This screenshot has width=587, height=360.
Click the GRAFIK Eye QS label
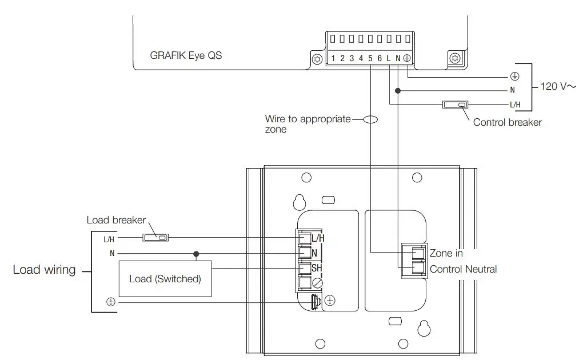pos(186,56)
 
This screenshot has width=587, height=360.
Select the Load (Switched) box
pos(165,279)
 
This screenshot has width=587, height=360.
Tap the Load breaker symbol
pos(155,237)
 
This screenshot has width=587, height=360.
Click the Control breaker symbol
pos(456,105)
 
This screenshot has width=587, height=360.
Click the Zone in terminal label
pos(446,253)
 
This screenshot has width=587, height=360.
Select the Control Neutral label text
pos(463,269)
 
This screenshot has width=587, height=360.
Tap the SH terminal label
pos(316,268)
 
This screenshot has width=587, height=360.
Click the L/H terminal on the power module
pos(318,238)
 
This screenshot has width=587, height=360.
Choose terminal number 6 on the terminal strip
pos(379,58)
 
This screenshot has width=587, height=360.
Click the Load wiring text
pos(44,270)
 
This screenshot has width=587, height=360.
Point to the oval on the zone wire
pos(371,119)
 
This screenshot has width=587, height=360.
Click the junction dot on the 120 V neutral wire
pos(398,90)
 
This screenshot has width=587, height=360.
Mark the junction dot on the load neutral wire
pos(196,253)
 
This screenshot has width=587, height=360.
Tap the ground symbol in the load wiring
pos(110,302)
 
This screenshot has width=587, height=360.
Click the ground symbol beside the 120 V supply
pos(514,76)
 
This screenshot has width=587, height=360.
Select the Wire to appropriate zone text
pos(308,124)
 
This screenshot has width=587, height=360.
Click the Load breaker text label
pos(116,220)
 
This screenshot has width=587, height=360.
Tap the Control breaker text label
pos(507,122)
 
